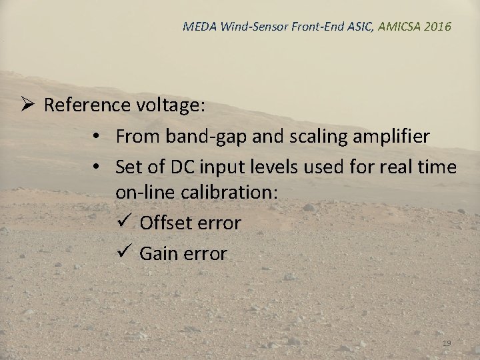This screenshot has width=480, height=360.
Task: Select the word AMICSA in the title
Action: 398,27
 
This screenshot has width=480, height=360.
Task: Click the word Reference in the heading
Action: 86,105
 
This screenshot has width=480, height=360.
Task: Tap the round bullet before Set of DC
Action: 97,166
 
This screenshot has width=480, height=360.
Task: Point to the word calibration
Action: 221,193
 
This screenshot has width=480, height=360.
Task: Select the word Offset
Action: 165,223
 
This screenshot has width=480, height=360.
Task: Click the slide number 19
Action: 447,343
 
